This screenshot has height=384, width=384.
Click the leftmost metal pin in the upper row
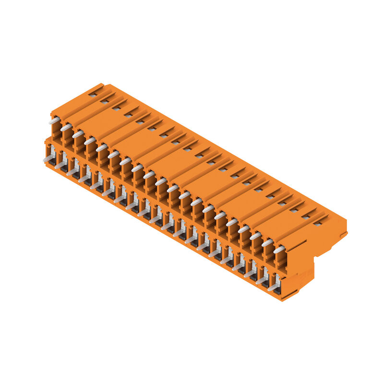[54, 120]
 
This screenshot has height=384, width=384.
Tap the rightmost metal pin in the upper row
[279, 250]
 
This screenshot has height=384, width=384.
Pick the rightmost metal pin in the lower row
[274, 287]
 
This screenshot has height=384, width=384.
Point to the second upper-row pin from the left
[66, 127]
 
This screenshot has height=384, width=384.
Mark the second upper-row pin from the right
[267, 243]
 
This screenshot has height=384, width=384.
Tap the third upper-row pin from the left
[78, 134]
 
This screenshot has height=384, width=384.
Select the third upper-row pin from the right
[255, 236]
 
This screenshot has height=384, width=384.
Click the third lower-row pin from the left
[72, 171]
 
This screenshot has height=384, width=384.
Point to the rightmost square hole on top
[317, 223]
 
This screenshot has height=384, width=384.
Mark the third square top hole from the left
[116, 108]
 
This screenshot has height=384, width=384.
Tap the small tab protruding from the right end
[344, 234]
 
